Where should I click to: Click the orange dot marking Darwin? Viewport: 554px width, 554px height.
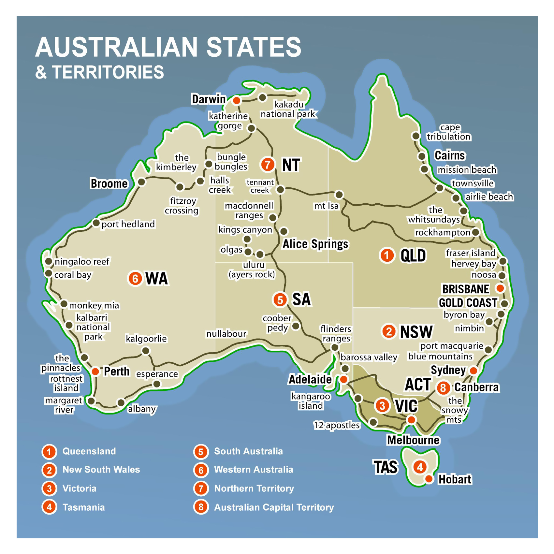[x=237, y=100]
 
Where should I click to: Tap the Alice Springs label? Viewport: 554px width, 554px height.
[x=315, y=244]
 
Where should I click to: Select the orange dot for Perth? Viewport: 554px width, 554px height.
[x=95, y=371]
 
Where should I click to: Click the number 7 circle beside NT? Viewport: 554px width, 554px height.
[x=268, y=164]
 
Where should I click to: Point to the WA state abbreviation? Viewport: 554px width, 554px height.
[x=156, y=278]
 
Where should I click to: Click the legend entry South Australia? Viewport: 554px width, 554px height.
[x=248, y=451]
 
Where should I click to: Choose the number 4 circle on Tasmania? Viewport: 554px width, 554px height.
[x=420, y=467]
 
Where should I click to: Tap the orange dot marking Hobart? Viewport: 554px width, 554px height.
[x=429, y=479]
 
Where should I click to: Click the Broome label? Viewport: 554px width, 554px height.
[x=109, y=183]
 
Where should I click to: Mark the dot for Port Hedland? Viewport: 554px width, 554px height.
[x=96, y=223]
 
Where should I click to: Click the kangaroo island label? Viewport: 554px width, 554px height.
[x=311, y=401]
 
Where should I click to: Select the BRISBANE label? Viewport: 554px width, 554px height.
[x=465, y=289]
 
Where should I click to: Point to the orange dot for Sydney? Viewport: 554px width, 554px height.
[x=473, y=371]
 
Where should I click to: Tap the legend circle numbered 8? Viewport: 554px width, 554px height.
[x=201, y=507]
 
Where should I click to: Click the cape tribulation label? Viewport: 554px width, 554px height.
[x=449, y=132]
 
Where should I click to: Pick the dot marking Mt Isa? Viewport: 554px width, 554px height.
[x=339, y=195]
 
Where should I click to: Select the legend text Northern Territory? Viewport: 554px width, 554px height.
[x=254, y=488]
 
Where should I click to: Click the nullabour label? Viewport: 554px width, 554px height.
[x=226, y=334]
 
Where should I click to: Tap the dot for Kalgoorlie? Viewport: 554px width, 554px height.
[x=146, y=351]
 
